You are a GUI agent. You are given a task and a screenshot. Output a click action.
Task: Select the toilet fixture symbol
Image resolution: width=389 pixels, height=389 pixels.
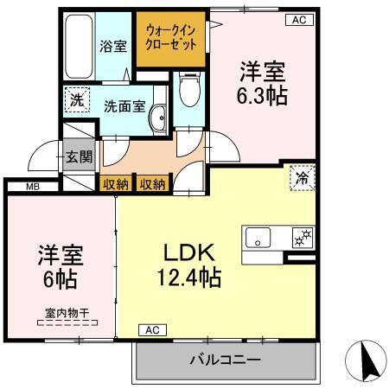(x=189, y=86)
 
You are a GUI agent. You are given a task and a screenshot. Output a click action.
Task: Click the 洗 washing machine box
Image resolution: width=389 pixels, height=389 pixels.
(x=76, y=100)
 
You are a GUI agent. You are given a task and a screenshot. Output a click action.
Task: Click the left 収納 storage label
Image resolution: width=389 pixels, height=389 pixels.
(x=115, y=183)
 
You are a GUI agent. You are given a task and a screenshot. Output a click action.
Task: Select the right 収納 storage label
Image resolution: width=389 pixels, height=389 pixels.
(x=152, y=183)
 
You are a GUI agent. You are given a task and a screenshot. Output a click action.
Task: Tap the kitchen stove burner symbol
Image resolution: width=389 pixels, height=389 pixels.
(x=303, y=236)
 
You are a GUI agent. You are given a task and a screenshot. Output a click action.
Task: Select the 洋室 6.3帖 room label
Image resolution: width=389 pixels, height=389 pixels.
(x=261, y=83)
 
